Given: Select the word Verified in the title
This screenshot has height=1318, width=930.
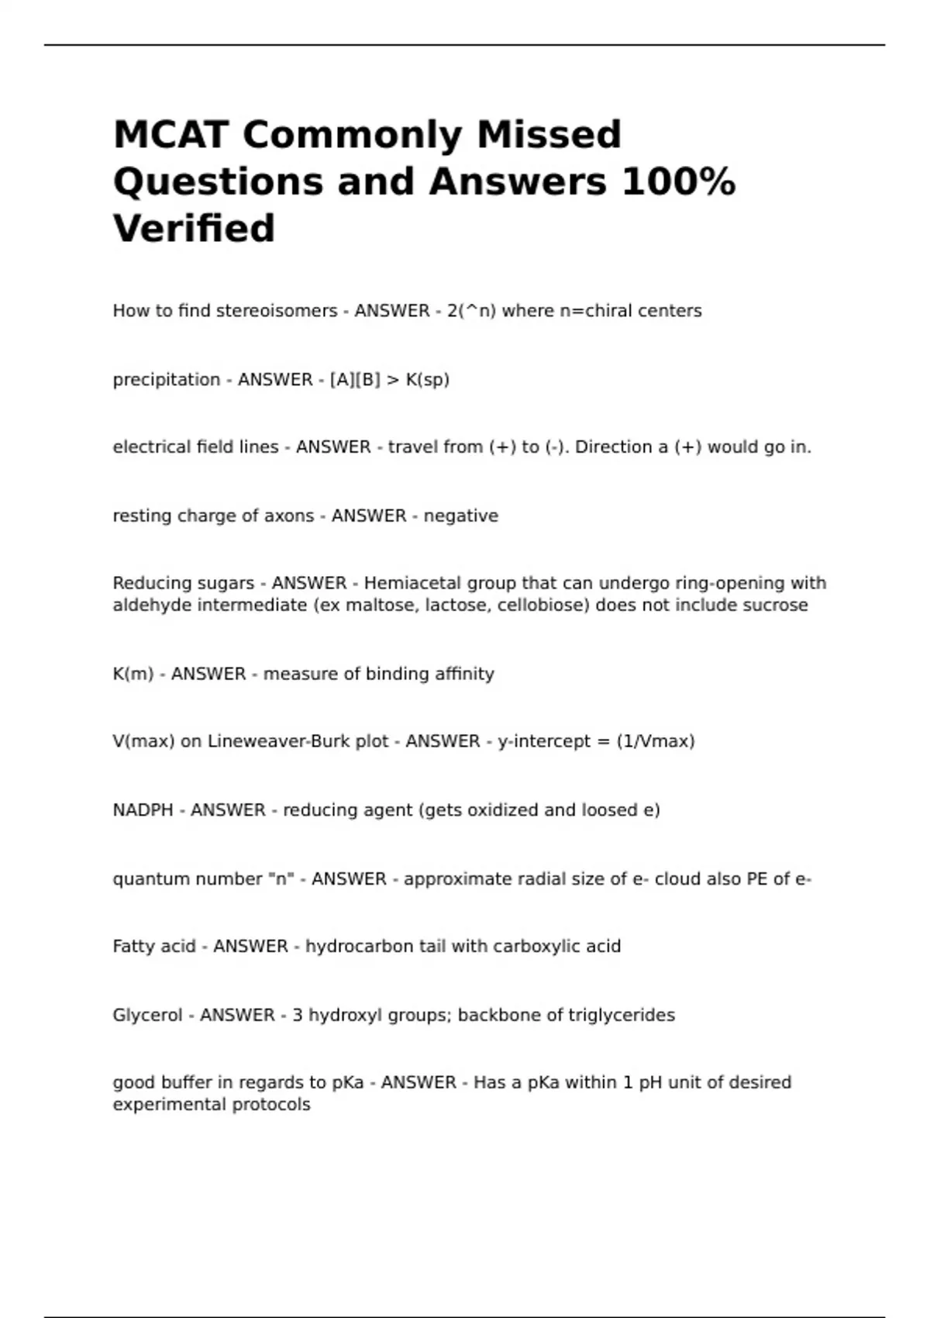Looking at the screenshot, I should (194, 229).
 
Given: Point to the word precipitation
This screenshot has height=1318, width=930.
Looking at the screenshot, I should (167, 380).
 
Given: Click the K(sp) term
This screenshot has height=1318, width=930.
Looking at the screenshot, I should (428, 380).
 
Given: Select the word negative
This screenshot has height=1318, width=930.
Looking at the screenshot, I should (460, 516).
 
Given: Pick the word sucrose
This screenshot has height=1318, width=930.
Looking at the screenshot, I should (775, 606).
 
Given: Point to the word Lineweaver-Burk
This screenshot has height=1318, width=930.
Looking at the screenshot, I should (298, 742).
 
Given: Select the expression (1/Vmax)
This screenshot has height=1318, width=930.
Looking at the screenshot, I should (655, 742).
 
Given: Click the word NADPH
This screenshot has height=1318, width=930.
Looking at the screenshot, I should (143, 810).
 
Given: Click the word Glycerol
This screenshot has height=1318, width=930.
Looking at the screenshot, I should (147, 1016).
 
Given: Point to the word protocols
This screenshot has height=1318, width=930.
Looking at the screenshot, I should (271, 1105).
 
